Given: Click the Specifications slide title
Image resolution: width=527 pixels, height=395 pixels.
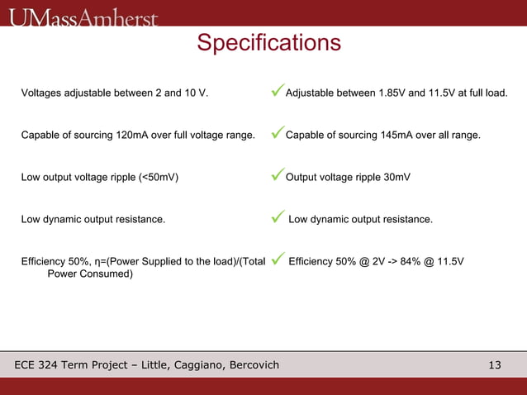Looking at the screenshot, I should click(268, 43).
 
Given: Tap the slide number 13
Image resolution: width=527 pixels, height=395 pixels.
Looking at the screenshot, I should click(495, 364).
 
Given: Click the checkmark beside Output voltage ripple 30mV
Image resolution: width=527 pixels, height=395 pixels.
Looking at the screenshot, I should click(278, 175).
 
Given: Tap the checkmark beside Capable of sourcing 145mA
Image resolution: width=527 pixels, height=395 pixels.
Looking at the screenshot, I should click(278, 132).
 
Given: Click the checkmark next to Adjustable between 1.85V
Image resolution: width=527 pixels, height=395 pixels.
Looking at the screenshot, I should click(278, 90).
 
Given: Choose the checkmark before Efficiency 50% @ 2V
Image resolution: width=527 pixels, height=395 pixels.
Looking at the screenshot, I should click(278, 260).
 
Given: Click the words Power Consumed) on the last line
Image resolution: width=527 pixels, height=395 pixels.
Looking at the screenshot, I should click(90, 274).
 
